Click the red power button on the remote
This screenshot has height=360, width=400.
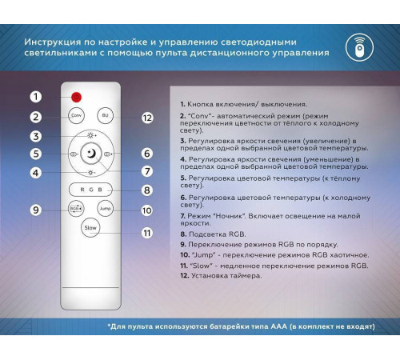pos(77,97)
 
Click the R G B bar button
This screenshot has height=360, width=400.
pos(90,190)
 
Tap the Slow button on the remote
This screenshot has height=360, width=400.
pos(90,227)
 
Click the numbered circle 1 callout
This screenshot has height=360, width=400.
pos(36,97)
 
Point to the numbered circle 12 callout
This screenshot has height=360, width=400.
pos(146,117)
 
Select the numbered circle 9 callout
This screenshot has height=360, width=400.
pos(36,210)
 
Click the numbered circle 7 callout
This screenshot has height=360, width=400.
pos(146,171)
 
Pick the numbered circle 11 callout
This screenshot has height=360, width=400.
pos(146,233)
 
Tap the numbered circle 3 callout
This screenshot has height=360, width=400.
pos(36,135)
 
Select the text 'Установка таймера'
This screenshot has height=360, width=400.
pos(222,274)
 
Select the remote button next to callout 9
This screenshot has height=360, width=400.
pos(76,208)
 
